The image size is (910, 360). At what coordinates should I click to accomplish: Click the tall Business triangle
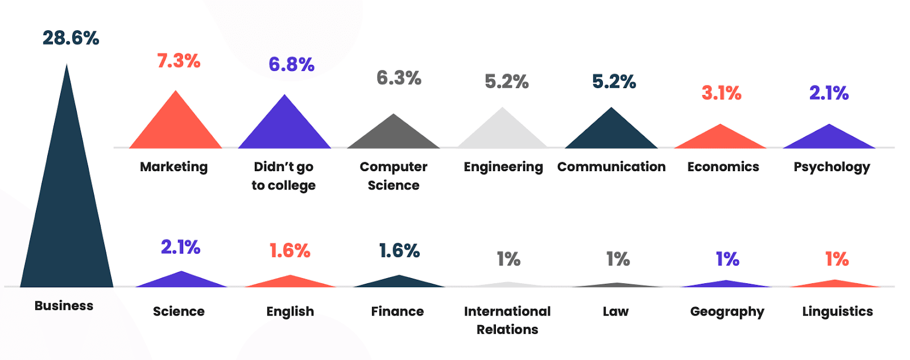(x=67, y=216)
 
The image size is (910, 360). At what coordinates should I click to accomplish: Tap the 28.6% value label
(x=71, y=38)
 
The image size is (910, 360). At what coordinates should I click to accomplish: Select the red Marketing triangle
(x=176, y=128)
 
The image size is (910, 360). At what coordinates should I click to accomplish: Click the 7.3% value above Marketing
(x=179, y=61)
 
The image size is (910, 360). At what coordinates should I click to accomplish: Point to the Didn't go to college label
(x=284, y=176)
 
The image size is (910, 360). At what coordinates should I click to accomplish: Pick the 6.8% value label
(x=291, y=64)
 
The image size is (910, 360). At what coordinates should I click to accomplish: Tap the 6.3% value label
(x=399, y=78)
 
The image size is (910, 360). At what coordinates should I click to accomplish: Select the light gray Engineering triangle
(x=502, y=133)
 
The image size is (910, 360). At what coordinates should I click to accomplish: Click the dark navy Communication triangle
(x=611, y=133)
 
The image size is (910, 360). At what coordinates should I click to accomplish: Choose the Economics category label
(x=723, y=167)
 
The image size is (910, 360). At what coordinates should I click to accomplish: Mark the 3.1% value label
(x=721, y=93)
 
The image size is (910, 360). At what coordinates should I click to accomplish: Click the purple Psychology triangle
(x=829, y=139)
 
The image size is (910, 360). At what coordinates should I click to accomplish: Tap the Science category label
(x=179, y=311)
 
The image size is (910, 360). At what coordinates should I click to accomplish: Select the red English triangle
(x=290, y=282)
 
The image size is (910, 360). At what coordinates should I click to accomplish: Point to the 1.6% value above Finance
(x=399, y=250)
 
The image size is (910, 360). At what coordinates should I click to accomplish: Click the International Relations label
(x=507, y=320)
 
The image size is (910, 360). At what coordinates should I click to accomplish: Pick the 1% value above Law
(x=618, y=259)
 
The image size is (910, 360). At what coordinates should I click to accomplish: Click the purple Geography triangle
(x=726, y=284)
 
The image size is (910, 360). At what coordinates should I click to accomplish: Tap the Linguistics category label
(x=837, y=311)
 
